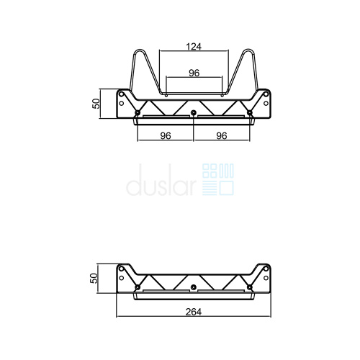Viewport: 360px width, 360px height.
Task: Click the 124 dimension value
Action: tap(194, 46)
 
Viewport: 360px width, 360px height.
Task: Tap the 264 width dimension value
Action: tap(194, 312)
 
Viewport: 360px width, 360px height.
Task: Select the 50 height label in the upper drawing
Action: tap(96, 104)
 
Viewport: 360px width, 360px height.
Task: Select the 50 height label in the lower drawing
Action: tap(94, 278)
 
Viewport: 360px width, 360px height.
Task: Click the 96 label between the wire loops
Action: tap(194, 73)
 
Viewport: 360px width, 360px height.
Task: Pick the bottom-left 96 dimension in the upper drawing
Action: tap(166, 136)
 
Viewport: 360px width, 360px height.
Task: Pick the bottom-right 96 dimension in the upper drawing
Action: tap(222, 136)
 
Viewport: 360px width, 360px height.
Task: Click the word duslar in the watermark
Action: tap(161, 180)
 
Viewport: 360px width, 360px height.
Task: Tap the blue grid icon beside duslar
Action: tap(218, 179)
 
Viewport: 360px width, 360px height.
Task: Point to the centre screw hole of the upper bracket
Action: tap(194, 112)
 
